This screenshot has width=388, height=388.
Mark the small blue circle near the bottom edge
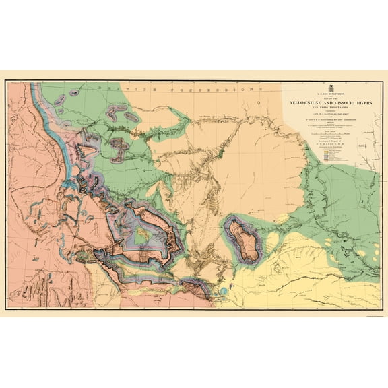coord(223,291)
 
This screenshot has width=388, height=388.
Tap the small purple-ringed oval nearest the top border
coord(60,101)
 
